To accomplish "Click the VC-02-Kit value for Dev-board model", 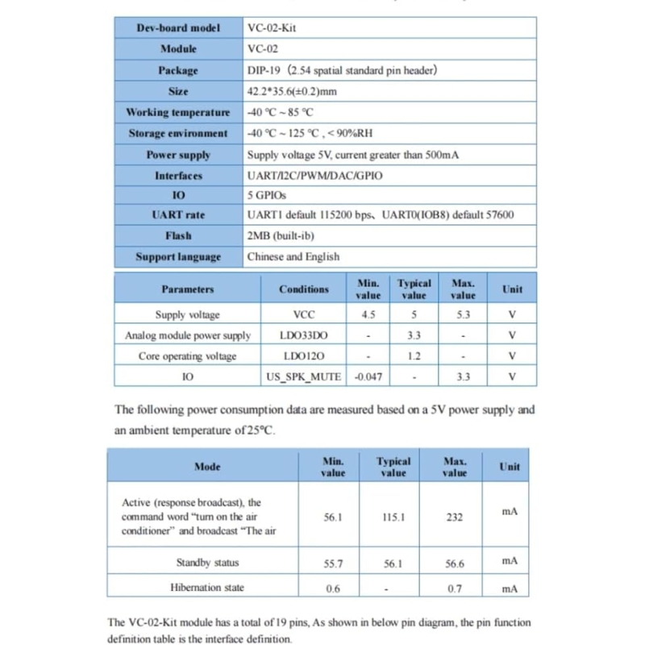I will click(273, 27).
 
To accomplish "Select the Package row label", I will click(178, 70).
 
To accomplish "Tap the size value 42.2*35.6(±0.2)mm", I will click(292, 91).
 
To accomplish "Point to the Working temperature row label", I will click(178, 112).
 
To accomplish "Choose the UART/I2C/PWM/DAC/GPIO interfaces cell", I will click(315, 175).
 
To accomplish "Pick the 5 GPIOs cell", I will click(267, 195).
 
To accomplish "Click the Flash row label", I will click(178, 235).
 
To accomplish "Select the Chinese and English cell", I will click(293, 256).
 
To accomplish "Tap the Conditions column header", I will click(304, 289).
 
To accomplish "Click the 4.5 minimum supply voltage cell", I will click(368, 314).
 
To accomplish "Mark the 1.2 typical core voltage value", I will click(414, 356).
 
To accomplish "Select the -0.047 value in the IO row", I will click(368, 377).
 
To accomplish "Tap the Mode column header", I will click(207, 466).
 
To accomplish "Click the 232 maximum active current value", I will click(455, 517).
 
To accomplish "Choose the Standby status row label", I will click(207, 562).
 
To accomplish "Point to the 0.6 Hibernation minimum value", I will click(333, 589).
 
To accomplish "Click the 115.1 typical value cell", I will click(393, 517).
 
